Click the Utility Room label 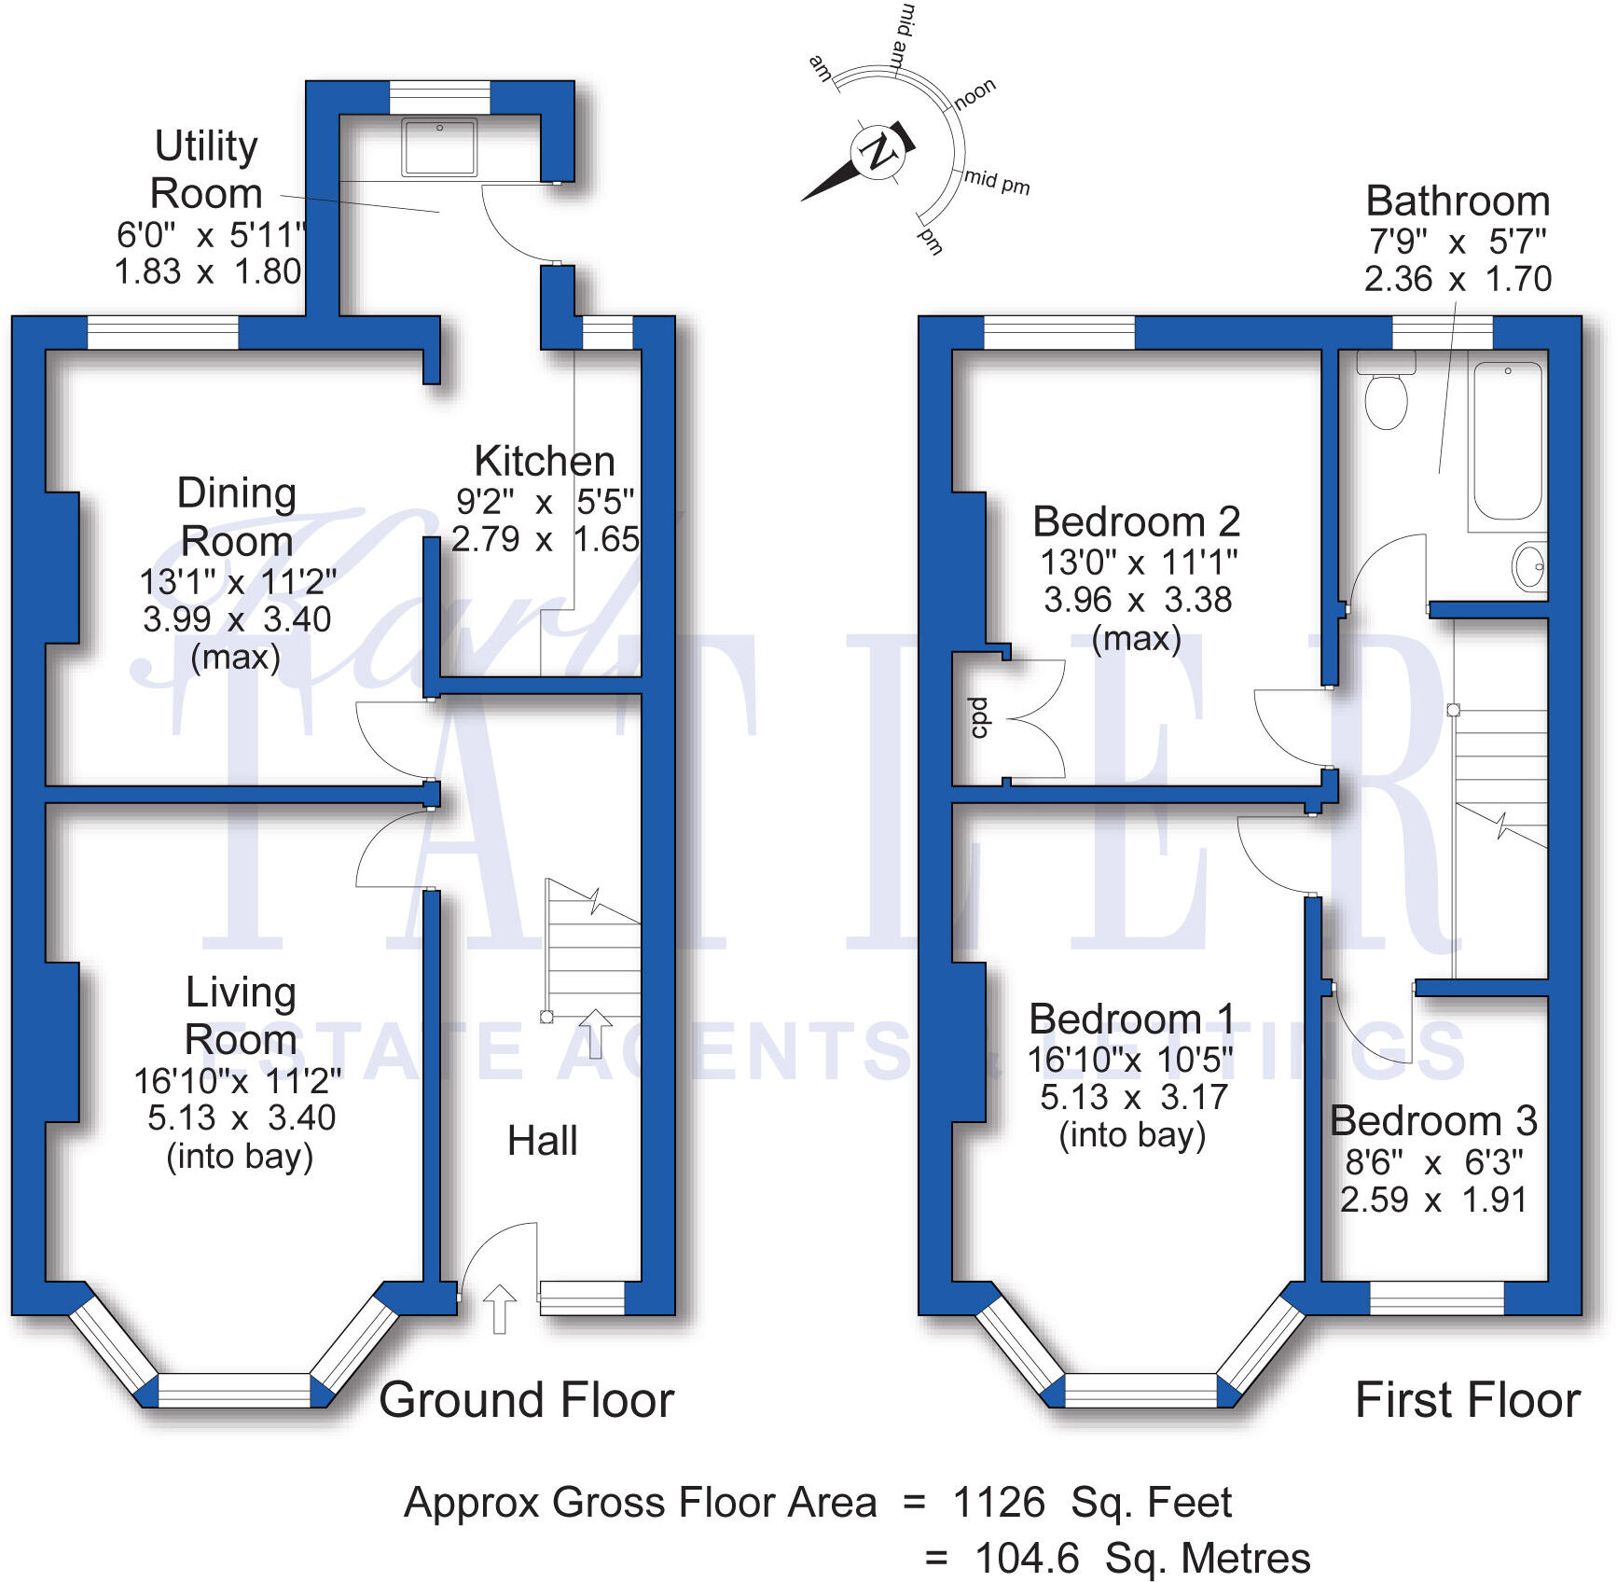[206, 170]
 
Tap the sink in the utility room [439, 146]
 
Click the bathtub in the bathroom [1507, 440]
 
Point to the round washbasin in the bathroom [1529, 566]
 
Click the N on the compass [877, 151]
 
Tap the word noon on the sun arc [975, 92]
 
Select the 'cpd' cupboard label [977, 717]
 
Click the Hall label [542, 1141]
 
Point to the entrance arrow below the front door [500, 1308]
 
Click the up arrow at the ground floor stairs [595, 1032]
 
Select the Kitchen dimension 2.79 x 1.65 [546, 539]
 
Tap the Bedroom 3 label [1433, 1120]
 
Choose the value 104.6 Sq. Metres [1141, 1558]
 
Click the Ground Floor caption [526, 1400]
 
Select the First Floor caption [1467, 1400]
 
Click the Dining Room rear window [163, 333]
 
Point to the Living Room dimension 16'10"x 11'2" [237, 1081]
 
